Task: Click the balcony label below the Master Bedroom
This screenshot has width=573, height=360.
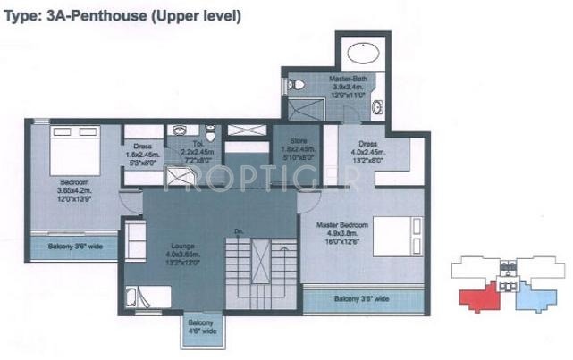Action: click(x=361, y=298)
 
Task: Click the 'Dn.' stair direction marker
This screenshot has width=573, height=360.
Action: click(x=239, y=232)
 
